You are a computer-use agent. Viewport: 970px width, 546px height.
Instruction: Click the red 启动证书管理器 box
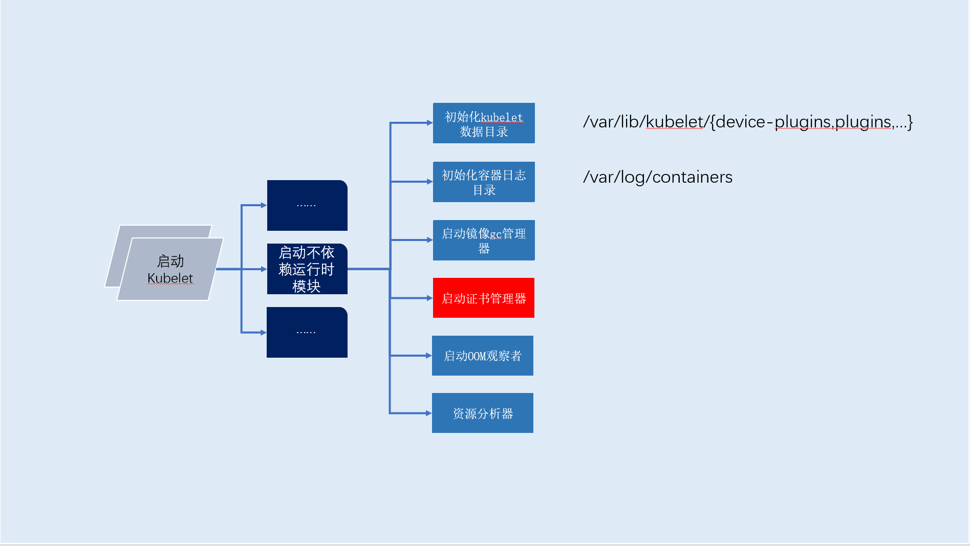[x=483, y=298]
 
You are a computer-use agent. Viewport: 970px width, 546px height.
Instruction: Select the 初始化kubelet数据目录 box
[x=483, y=123]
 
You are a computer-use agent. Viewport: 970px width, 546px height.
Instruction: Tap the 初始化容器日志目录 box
[x=483, y=182]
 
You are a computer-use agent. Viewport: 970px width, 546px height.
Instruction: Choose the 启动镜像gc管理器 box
[x=483, y=241]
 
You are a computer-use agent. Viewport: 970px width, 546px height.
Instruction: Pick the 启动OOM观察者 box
[x=482, y=356]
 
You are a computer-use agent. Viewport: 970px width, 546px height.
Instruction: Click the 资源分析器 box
[x=482, y=413]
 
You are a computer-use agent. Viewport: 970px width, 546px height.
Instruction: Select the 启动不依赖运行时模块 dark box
[x=307, y=269]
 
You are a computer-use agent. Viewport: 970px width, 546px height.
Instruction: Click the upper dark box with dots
[x=307, y=205]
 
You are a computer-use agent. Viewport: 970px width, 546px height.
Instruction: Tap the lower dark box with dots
[x=307, y=332]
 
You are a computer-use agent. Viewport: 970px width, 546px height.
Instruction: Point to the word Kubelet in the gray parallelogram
[x=170, y=278]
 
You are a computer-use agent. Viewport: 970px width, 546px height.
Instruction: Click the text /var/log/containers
[x=657, y=177]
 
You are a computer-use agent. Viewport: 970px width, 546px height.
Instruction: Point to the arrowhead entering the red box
[x=429, y=298]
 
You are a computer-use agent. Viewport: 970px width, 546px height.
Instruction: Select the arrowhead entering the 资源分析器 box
[x=428, y=413]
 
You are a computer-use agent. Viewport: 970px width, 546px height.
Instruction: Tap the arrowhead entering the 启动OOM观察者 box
[x=428, y=356]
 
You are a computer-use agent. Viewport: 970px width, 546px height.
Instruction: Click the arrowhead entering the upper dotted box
[x=264, y=205]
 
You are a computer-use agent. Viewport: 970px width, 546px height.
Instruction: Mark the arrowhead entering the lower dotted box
[x=263, y=333]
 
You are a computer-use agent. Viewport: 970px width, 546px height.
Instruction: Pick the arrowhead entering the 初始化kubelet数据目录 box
[x=429, y=123]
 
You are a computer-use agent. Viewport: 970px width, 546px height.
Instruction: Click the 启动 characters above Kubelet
[x=170, y=261]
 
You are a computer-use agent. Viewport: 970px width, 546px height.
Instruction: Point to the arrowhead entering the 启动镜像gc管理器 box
[x=429, y=240]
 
